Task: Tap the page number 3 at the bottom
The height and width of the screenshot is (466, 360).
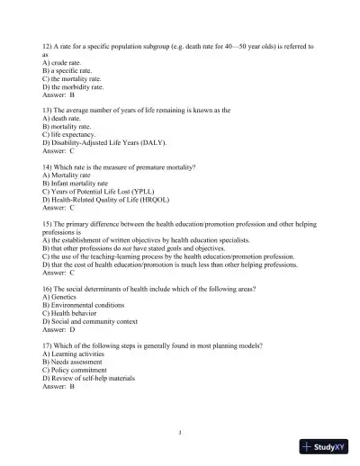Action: [180, 433]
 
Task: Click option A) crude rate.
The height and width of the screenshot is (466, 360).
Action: [68, 63]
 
